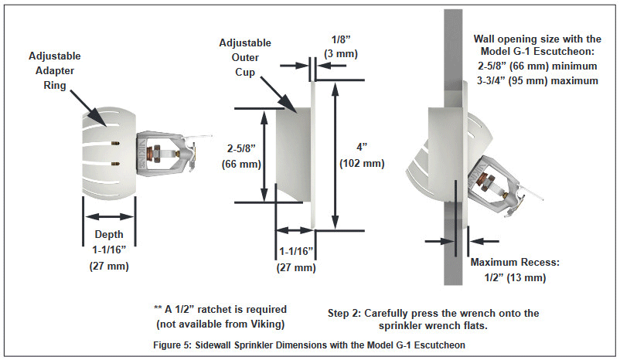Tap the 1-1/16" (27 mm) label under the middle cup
tap(295, 259)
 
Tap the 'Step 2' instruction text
tap(433, 319)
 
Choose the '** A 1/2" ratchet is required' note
tap(220, 309)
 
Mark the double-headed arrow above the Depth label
tap(108, 217)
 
